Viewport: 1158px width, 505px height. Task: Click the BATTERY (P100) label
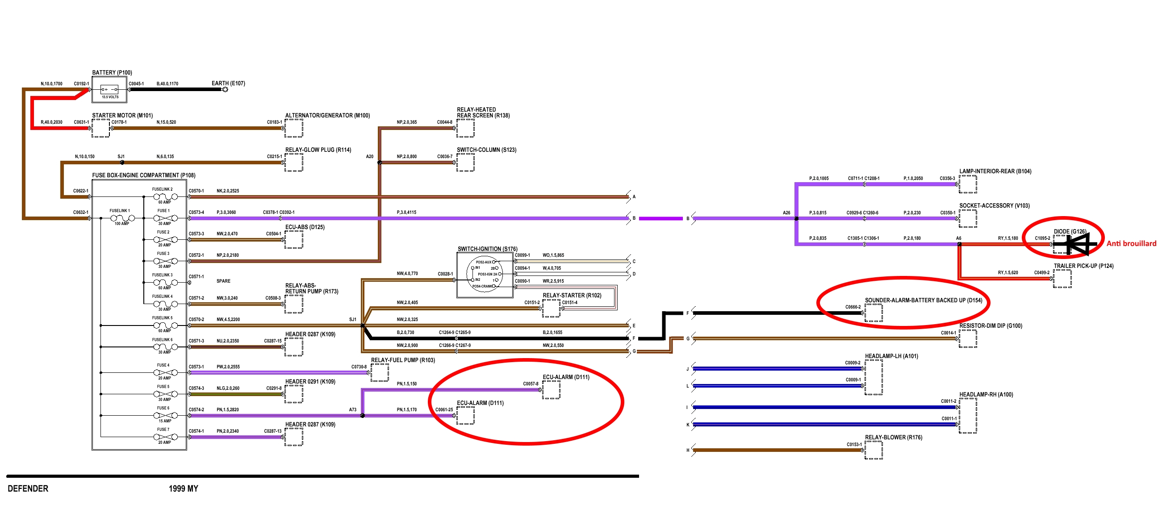[x=112, y=72]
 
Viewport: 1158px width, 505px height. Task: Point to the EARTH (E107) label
[x=228, y=83]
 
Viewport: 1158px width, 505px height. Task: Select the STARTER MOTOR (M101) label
[x=122, y=116]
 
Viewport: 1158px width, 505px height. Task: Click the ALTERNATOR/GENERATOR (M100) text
[x=327, y=116]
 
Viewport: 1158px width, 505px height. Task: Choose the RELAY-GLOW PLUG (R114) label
[x=318, y=150]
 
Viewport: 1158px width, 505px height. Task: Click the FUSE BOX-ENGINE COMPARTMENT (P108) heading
[x=143, y=175]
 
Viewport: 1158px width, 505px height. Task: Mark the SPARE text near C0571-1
[x=223, y=281]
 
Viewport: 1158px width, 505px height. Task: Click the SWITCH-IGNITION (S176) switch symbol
[x=484, y=274]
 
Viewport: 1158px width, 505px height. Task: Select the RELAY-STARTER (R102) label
[x=571, y=295]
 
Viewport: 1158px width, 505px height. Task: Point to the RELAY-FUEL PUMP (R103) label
[x=402, y=360]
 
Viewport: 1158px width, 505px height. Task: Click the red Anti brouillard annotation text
[x=1131, y=243]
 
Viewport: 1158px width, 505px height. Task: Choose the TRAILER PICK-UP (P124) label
[x=1083, y=266]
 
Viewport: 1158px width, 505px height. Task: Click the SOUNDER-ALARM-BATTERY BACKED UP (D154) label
[x=923, y=300]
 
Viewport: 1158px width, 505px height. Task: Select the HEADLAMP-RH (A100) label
[x=986, y=394]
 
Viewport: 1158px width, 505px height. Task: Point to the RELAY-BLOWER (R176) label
[x=893, y=437]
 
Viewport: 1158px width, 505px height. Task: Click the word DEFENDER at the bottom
[x=28, y=488]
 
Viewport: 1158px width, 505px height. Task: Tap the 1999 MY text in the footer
[x=184, y=488]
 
